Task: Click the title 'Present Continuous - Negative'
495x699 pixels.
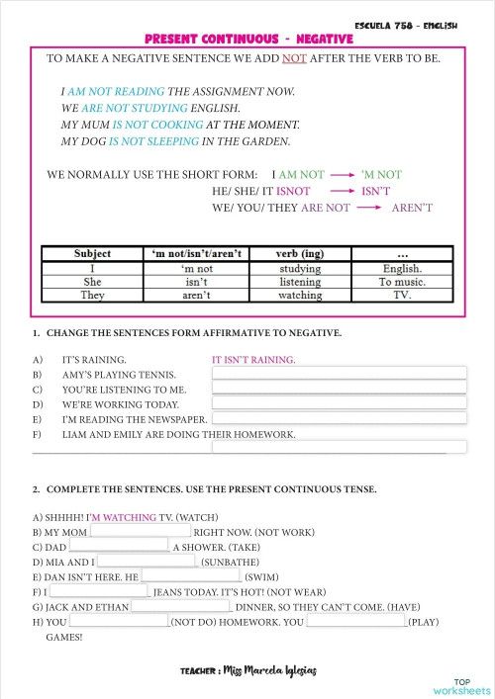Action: click(248, 39)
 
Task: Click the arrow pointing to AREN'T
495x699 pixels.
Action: click(369, 208)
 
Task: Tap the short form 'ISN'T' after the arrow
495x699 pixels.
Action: click(376, 191)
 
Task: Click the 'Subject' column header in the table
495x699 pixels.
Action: click(93, 254)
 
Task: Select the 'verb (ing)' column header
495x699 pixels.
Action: click(300, 254)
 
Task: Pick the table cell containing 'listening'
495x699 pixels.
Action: click(300, 281)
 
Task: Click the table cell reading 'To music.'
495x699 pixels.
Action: click(402, 281)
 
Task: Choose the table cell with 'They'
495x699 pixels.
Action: click(93, 295)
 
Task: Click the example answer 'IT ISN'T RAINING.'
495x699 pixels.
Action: click(253, 360)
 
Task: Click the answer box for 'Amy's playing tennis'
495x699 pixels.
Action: click(339, 375)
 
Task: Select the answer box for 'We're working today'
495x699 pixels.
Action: click(339, 403)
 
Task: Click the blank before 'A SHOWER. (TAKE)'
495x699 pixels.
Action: click(119, 545)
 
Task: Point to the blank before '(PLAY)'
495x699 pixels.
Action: click(356, 622)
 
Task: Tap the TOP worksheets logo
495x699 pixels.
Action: click(461, 686)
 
